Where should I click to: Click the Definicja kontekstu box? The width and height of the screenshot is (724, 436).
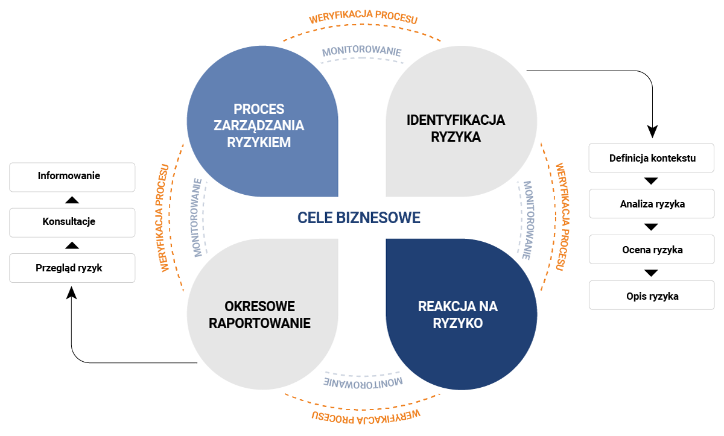pyautogui.click(x=652, y=159)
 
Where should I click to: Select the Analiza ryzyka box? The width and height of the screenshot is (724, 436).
pyautogui.click(x=652, y=204)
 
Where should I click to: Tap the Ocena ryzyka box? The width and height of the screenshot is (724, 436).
pyautogui.click(x=652, y=249)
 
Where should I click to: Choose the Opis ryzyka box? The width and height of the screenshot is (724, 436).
pyautogui.click(x=652, y=295)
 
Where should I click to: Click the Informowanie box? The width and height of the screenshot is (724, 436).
pyautogui.click(x=72, y=177)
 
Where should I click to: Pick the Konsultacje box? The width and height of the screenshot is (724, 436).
pyautogui.click(x=72, y=222)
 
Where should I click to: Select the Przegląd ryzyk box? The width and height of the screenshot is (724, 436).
pyautogui.click(x=72, y=268)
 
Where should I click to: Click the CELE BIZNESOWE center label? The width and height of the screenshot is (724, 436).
pyautogui.click(x=358, y=218)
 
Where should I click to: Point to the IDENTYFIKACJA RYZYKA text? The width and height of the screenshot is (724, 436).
pyautogui.click(x=456, y=128)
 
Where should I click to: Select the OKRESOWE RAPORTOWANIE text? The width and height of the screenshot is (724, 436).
pyautogui.click(x=259, y=314)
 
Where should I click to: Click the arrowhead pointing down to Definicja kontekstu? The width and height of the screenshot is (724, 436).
pyautogui.click(x=652, y=131)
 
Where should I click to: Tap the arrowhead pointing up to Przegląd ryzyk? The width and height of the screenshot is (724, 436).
pyautogui.click(x=72, y=292)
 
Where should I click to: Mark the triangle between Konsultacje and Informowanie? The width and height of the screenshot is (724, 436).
pyautogui.click(x=72, y=200)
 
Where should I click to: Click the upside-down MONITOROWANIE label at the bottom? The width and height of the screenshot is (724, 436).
pyautogui.click(x=363, y=382)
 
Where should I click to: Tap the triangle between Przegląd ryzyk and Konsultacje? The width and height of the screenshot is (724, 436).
pyautogui.click(x=72, y=245)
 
